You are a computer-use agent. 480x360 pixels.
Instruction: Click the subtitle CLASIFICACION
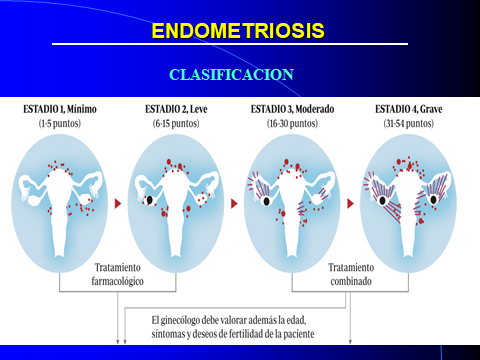click(232, 75)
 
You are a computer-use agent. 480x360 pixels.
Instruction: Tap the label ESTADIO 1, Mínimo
click(63, 110)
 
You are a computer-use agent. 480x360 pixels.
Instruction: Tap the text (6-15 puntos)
click(172, 123)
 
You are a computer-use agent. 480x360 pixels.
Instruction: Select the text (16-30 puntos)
click(289, 123)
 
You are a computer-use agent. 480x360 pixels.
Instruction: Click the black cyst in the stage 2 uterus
click(150, 200)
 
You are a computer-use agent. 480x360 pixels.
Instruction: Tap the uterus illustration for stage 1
click(62, 195)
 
